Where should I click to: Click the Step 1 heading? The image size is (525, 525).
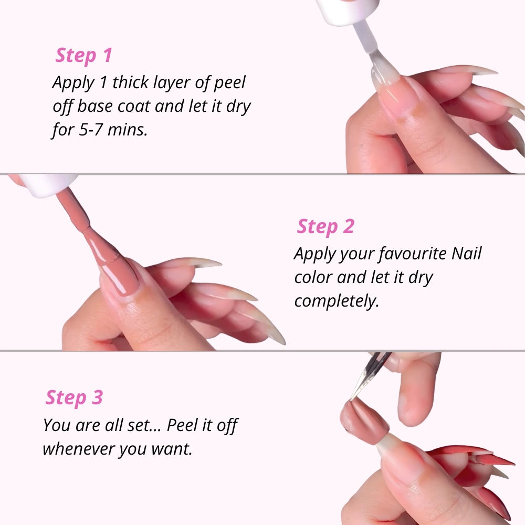84,55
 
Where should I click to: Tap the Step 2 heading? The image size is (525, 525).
325,226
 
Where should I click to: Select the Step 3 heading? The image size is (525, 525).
74,397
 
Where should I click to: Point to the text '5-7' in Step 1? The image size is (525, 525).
91,129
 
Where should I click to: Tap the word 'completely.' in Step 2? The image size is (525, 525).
337,301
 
